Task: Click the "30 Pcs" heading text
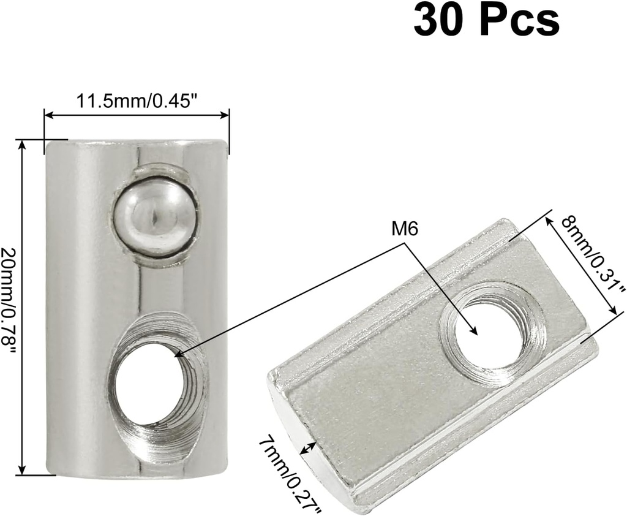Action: click(486, 21)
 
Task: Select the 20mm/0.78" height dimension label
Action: click(10, 301)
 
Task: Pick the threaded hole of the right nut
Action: click(490, 335)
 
